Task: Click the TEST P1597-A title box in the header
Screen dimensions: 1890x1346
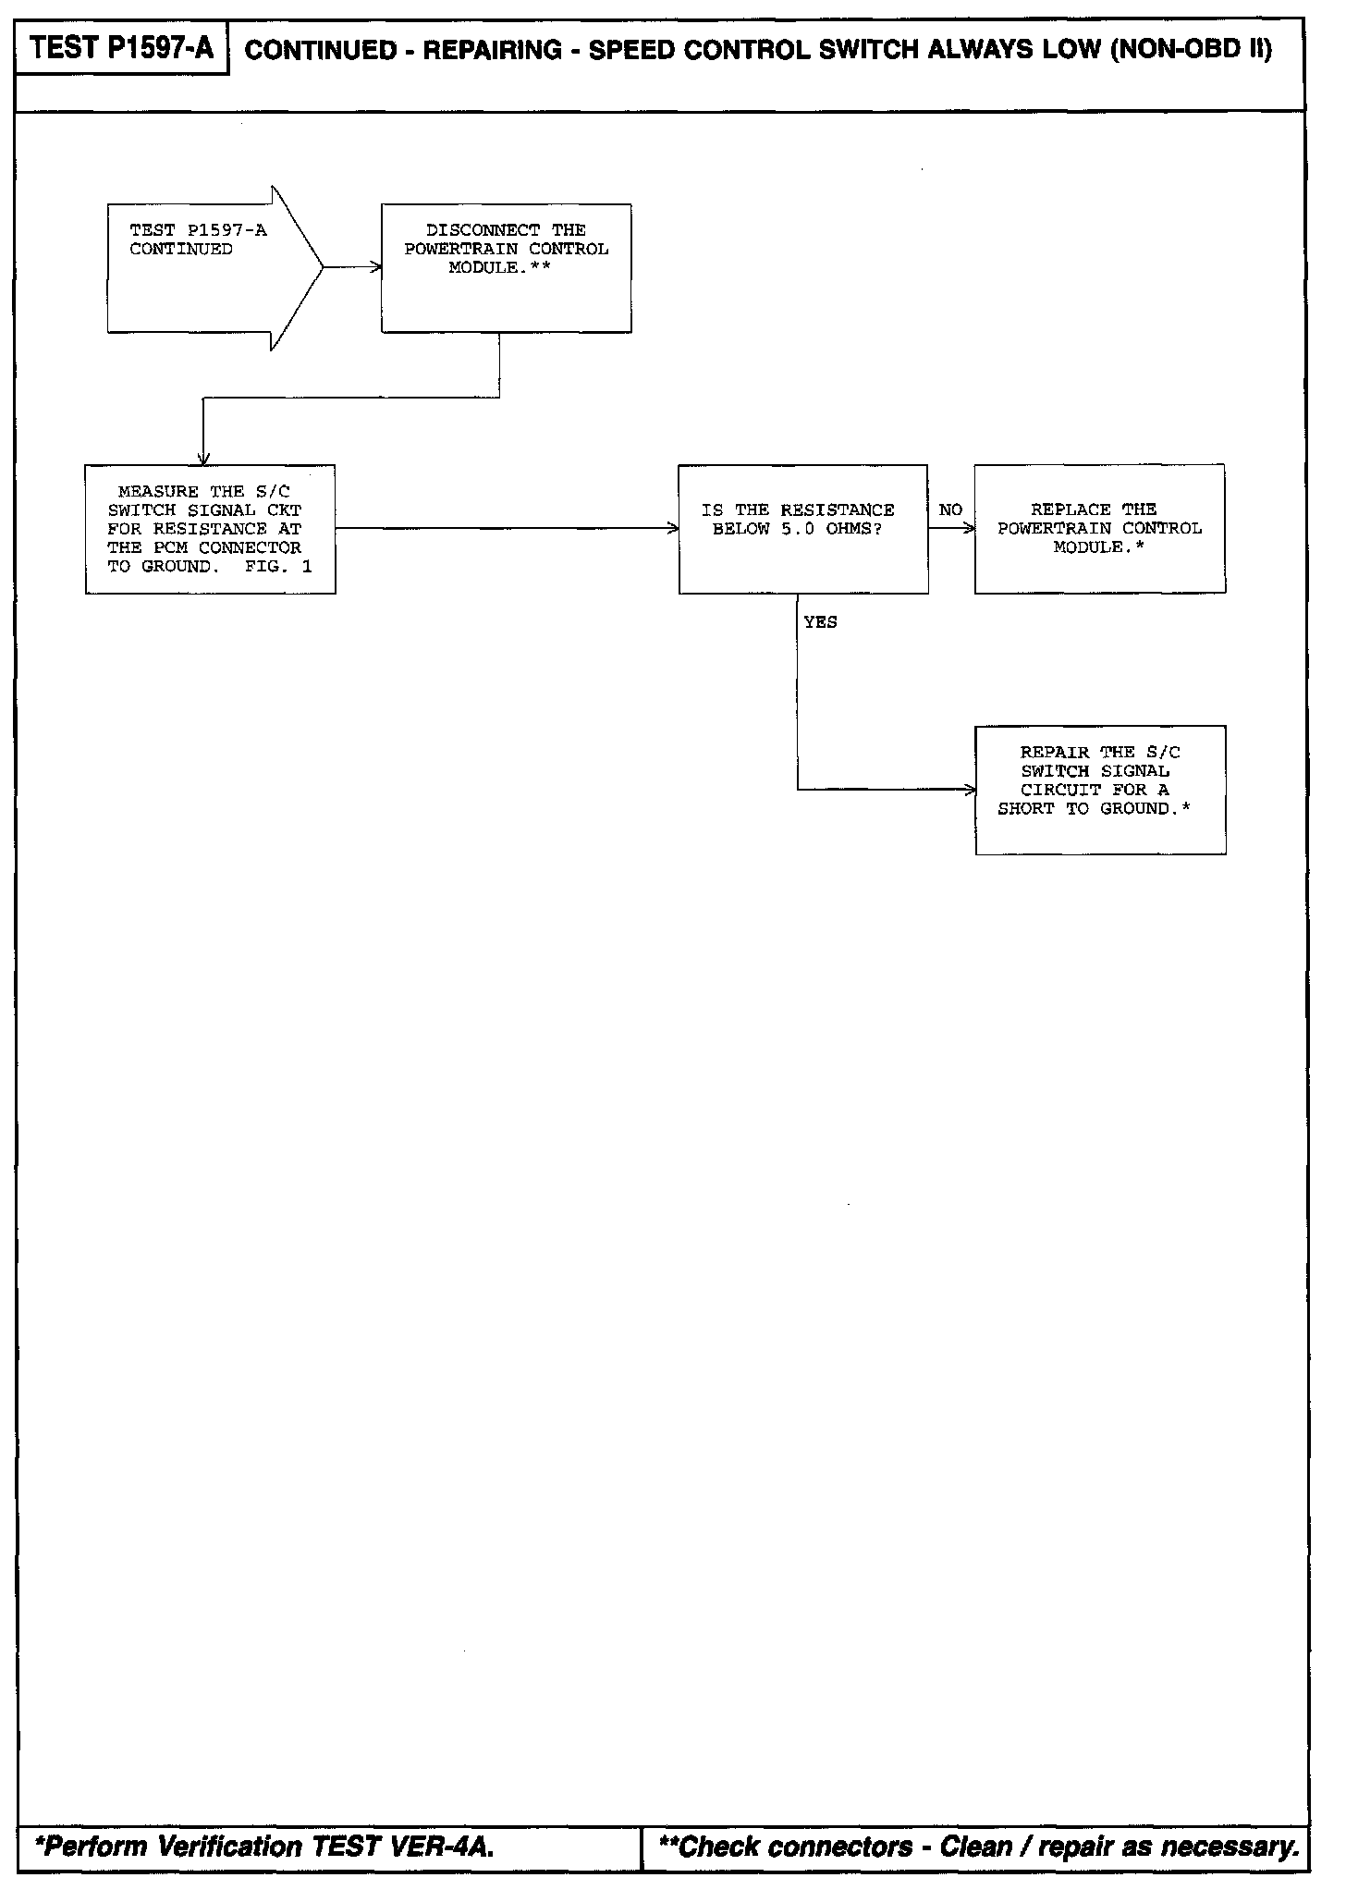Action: pos(122,47)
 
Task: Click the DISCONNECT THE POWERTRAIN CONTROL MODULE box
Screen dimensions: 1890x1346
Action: pos(506,268)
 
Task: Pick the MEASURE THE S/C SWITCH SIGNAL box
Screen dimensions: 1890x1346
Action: pos(210,529)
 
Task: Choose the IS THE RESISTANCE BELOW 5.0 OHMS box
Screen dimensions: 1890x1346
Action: pos(802,529)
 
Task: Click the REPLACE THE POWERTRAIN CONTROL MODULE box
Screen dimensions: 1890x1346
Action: pos(1099,529)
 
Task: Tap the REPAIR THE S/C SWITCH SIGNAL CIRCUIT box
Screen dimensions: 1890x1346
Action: pos(1100,790)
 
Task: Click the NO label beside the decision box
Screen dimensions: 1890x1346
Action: pos(950,510)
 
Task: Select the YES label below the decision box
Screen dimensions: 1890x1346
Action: pos(820,623)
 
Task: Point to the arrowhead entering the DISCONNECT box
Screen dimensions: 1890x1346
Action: pos(376,268)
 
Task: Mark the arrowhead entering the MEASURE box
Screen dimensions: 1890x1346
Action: pos(203,460)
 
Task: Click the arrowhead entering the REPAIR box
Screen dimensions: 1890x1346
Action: pos(971,790)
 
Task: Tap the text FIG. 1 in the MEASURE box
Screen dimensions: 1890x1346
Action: pos(278,567)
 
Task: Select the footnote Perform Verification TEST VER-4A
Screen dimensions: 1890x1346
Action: pos(263,1847)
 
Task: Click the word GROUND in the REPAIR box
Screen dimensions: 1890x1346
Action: pos(1134,809)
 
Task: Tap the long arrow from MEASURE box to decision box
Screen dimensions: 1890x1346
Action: pos(507,529)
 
